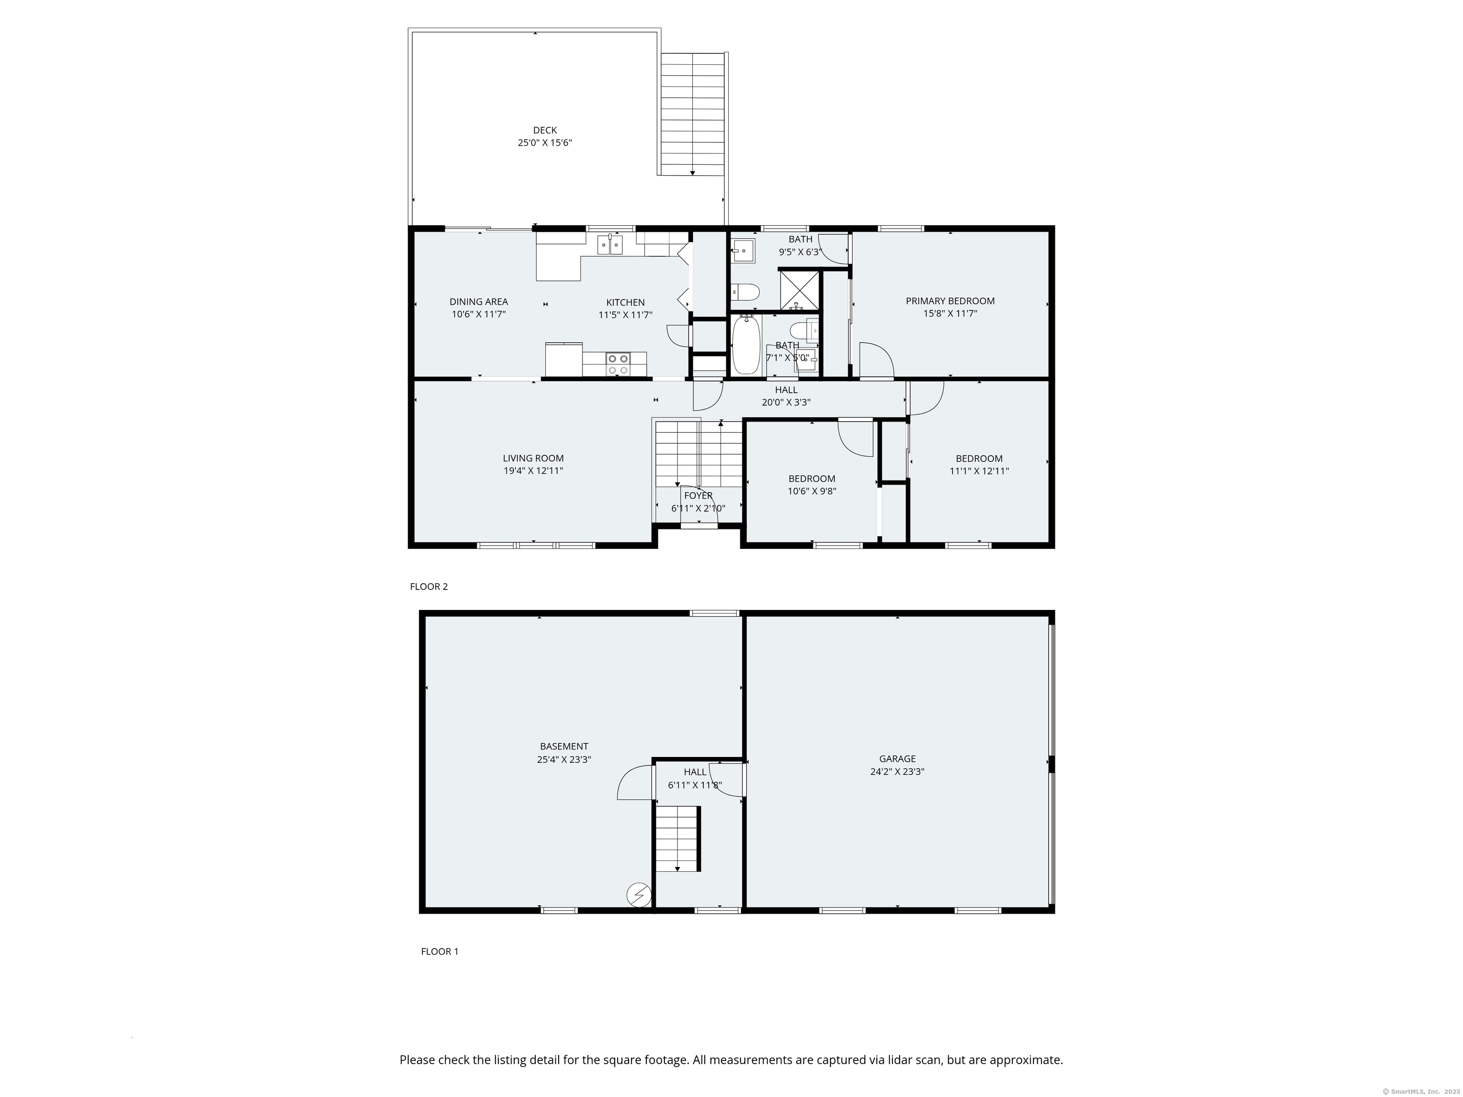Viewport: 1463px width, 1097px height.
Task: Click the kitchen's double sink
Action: coord(148,245)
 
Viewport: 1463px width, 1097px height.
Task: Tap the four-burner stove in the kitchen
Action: coord(618,364)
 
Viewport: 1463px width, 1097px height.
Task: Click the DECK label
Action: coord(545,130)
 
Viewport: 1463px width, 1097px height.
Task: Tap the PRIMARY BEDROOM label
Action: coord(950,301)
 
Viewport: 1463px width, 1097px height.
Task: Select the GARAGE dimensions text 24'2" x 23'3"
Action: coord(897,771)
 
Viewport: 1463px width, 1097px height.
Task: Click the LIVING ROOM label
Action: coord(533,458)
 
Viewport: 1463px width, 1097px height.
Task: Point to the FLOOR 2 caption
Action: coord(429,587)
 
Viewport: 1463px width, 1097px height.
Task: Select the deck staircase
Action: coord(692,114)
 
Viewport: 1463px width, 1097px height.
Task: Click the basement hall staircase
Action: coord(677,838)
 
